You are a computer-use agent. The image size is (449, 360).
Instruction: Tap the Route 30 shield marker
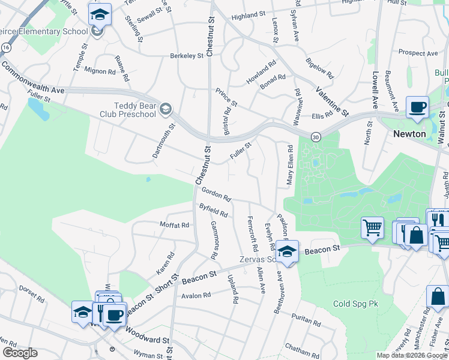pos(316,137)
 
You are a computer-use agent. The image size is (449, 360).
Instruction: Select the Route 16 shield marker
pos(5,46)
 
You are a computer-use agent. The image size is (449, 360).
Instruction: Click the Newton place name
pos(409,134)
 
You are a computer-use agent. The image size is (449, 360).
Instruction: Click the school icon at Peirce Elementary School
pos(100,14)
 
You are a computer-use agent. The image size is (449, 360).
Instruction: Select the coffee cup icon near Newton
pos(418,107)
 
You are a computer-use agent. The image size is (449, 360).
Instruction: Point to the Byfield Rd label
pos(213,210)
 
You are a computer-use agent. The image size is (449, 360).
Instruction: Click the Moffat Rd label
pos(174,225)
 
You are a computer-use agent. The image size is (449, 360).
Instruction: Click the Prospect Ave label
pos(418,53)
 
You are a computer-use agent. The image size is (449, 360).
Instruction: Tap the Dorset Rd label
pos(32,296)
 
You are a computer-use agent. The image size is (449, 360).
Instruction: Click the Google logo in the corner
pos(20,353)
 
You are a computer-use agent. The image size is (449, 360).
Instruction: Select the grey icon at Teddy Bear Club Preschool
pos(166,109)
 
